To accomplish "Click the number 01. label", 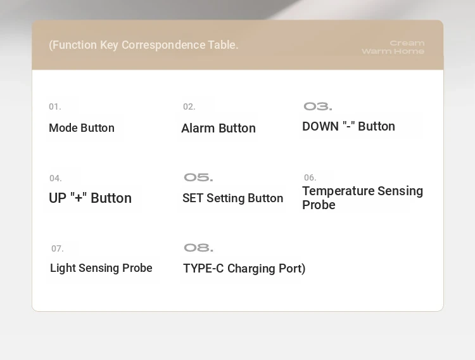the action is (x=55, y=106).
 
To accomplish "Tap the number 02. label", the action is (x=189, y=106).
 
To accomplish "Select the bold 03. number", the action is (x=318, y=106).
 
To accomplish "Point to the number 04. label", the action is (x=56, y=178).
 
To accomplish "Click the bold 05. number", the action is (x=198, y=177).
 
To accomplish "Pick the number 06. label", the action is (x=310, y=177).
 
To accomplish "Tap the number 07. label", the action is (x=57, y=248).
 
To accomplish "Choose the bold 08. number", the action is (x=198, y=248).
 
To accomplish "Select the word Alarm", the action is (x=198, y=128).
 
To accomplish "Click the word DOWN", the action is (x=320, y=127).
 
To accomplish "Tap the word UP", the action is (x=58, y=198).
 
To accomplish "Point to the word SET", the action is (x=193, y=198).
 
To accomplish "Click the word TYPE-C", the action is (x=203, y=268).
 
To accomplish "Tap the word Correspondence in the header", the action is (x=163, y=45).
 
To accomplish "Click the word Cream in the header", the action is (x=407, y=43).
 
